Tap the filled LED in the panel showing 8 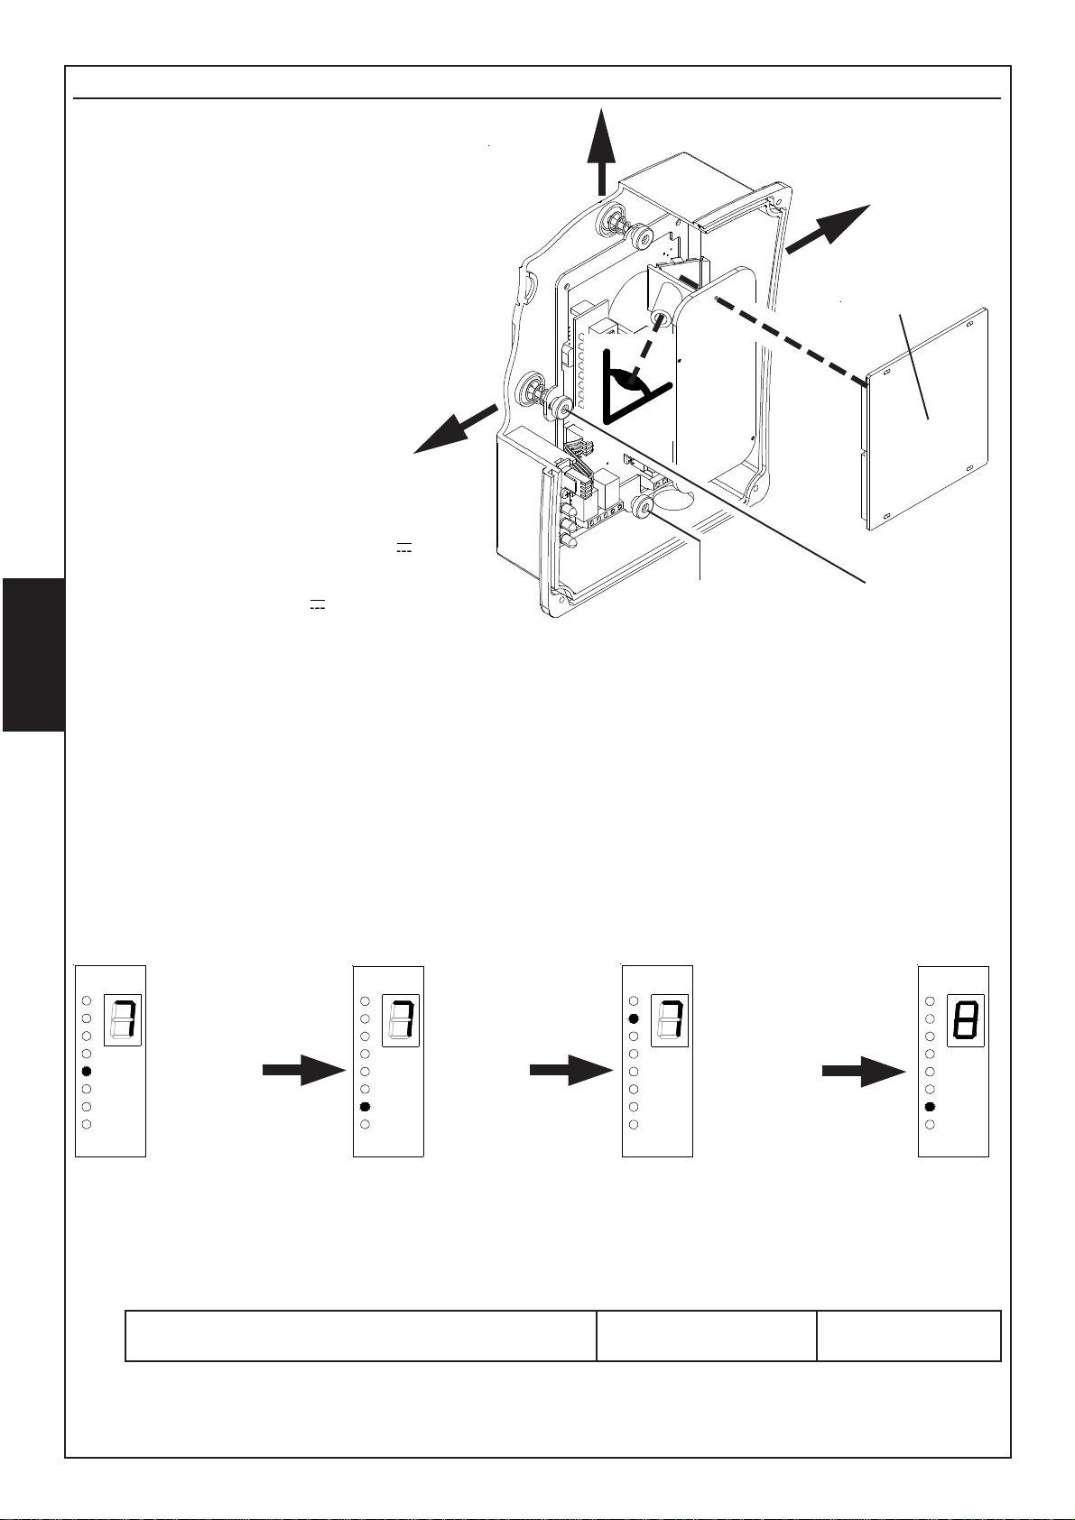[x=930, y=1107]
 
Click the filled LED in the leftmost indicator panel [x=87, y=1072]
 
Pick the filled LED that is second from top [x=634, y=1018]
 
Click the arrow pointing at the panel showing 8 [x=863, y=1072]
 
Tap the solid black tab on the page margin [x=33, y=656]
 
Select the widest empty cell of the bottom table [x=360, y=1335]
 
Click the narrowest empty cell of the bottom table [x=909, y=1335]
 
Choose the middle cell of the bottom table [x=707, y=1335]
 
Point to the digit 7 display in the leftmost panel [x=124, y=1020]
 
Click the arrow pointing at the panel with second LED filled [x=570, y=1072]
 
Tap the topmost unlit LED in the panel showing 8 [x=930, y=1001]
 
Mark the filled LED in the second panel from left [x=365, y=1107]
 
